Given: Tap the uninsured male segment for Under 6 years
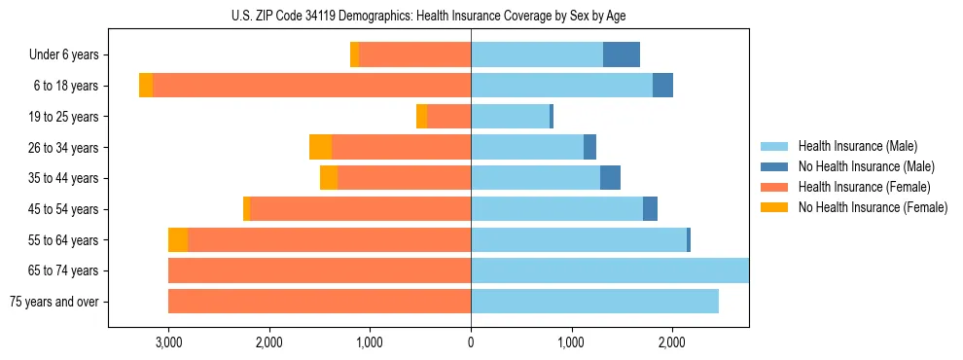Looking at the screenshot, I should point(622,55).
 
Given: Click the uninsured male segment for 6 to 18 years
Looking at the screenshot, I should point(662,86).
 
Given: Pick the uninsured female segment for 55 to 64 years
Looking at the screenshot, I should point(178,240).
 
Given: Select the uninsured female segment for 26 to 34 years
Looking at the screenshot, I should point(320,147).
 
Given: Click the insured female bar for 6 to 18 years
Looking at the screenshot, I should point(311,86).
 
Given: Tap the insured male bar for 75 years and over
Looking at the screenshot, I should point(594,302).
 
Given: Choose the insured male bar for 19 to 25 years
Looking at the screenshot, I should point(510,117).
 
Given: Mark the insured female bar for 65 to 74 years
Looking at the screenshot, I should point(319,270).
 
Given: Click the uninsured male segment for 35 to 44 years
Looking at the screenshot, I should point(610,178).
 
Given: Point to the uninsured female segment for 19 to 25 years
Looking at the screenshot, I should point(421,117).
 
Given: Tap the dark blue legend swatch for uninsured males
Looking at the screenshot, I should point(774,166).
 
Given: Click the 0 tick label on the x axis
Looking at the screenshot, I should point(471,342).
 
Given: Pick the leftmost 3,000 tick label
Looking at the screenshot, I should point(168,342).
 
